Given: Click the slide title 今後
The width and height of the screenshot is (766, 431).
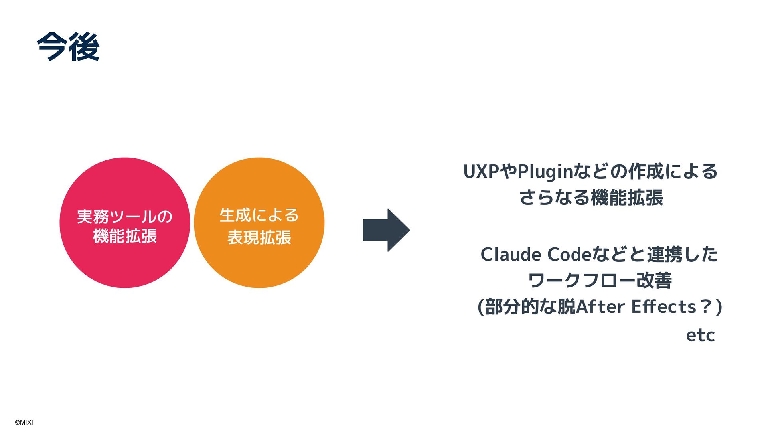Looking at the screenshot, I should pyautogui.click(x=68, y=47).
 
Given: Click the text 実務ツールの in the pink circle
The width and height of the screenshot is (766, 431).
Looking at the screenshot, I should pyautogui.click(x=124, y=217).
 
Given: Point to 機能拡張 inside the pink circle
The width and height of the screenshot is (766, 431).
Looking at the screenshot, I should pyautogui.click(x=124, y=236).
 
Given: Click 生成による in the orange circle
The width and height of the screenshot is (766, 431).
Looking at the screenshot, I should pyautogui.click(x=259, y=215).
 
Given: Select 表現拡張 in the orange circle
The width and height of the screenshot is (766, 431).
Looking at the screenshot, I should pyautogui.click(x=259, y=237).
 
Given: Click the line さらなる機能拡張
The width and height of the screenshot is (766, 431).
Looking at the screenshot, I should pyautogui.click(x=591, y=198).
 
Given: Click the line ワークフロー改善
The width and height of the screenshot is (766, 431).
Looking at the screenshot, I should pyautogui.click(x=600, y=281).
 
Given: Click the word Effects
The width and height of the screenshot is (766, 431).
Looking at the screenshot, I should pyautogui.click(x=663, y=307).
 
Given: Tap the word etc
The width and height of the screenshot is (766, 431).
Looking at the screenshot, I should pyautogui.click(x=700, y=336).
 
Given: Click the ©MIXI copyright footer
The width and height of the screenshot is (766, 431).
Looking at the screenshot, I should pyautogui.click(x=24, y=422).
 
